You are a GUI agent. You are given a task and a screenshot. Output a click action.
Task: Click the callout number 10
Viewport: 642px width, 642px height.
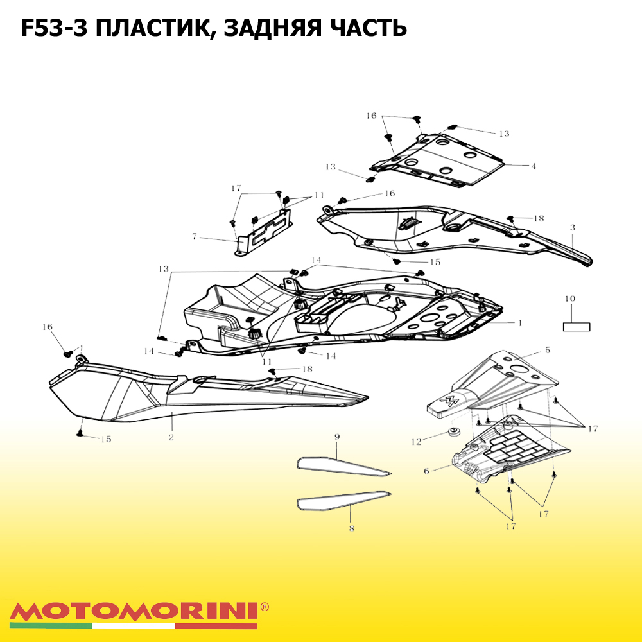click(570, 299)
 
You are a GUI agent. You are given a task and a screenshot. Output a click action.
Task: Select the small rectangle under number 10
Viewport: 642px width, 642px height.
click(577, 327)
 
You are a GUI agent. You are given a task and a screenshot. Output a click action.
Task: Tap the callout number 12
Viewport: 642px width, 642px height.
click(417, 442)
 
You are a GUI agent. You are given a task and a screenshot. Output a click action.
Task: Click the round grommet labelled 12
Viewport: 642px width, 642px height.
click(453, 432)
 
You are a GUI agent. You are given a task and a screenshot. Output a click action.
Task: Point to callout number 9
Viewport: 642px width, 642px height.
click(337, 437)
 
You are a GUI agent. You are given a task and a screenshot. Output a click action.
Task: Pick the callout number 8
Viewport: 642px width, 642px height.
click(352, 528)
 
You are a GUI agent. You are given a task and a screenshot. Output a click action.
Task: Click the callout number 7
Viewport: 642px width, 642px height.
click(195, 237)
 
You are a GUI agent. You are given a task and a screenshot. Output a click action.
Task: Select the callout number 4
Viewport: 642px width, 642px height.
click(534, 166)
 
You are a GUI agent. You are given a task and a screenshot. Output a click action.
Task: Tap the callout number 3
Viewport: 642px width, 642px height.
click(573, 228)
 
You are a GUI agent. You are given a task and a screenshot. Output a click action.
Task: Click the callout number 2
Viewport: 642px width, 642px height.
click(171, 438)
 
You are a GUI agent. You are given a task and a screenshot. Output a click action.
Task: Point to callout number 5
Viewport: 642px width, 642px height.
click(548, 350)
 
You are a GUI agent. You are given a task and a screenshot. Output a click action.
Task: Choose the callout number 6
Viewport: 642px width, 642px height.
click(426, 471)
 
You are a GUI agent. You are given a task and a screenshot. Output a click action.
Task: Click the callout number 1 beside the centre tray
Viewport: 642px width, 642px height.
click(520, 323)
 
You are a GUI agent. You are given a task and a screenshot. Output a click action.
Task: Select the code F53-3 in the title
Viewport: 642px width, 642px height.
click(54, 28)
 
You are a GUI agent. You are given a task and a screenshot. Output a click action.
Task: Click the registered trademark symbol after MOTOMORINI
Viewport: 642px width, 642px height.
click(265, 607)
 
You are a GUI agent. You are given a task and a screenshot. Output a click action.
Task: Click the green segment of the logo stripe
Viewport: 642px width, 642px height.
click(51, 626)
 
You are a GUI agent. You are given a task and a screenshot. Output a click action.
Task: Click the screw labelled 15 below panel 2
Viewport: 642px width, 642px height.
click(80, 433)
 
